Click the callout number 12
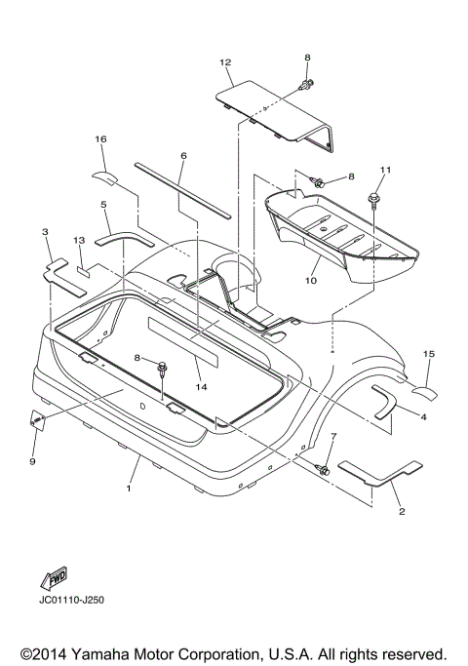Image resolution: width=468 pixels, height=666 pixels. tap(225, 62)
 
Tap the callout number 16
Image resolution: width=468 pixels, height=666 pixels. tap(100, 138)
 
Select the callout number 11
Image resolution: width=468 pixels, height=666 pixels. tap(385, 170)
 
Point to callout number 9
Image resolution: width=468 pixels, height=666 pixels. tap(33, 461)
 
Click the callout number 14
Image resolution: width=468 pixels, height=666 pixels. tap(201, 387)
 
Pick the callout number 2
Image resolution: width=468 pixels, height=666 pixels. tap(402, 511)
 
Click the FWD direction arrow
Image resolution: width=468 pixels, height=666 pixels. tap(54, 578)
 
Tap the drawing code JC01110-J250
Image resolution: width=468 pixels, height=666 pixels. tap(71, 600)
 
